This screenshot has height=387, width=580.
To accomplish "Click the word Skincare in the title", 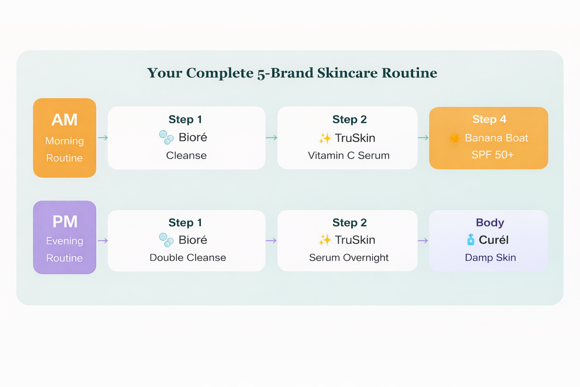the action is tap(347, 73).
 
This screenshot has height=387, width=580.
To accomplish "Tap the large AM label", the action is tap(65, 120).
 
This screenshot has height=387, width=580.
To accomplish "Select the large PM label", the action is tap(65, 222).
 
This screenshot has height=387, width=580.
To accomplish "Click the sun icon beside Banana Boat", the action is tap(454, 138).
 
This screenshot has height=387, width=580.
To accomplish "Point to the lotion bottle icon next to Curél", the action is tap(471, 240).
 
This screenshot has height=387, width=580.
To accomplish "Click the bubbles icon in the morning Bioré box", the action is tap(166, 138).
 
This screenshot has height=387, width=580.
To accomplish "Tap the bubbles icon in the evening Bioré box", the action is tap(166, 240).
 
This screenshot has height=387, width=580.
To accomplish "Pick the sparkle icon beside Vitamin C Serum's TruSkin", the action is tap(325, 138).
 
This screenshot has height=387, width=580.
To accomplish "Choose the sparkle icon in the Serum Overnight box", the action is tap(325, 240).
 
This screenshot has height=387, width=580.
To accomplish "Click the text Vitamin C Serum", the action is tap(349, 156).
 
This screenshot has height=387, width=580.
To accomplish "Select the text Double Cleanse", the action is tap(188, 258).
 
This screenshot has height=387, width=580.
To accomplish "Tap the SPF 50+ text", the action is tap(492, 155).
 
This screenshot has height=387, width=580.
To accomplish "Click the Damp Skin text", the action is tap(491, 258).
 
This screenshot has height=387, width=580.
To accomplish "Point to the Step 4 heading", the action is tap(489, 119).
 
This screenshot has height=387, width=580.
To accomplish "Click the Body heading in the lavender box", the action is tap(490, 222).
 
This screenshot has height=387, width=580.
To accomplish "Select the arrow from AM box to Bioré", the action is tap(103, 138).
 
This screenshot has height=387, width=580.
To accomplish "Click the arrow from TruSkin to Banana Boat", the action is tap(423, 138).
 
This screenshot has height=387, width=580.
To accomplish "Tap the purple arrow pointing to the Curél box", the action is tap(423, 241).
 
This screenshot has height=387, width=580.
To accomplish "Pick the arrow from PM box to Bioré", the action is tap(103, 241).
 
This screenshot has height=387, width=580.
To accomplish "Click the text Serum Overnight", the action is tap(349, 258).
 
